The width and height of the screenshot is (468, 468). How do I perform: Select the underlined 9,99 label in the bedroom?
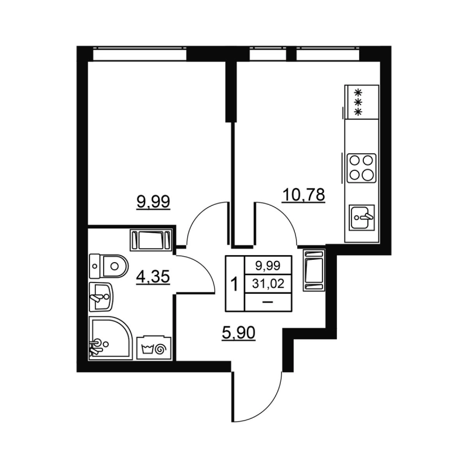(x=153, y=202)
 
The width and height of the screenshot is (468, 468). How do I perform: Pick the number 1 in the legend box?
(x=235, y=285)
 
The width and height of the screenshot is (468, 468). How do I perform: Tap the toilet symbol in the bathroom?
(x=109, y=267)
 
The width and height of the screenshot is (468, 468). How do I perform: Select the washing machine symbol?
(x=154, y=348)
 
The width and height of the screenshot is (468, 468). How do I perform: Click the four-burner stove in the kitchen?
(x=361, y=168)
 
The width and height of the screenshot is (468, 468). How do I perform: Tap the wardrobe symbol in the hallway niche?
(x=314, y=270)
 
